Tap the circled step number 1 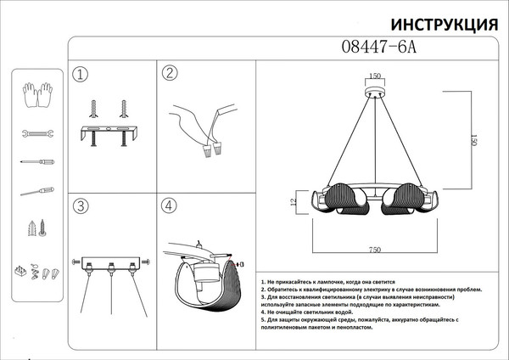[81, 75]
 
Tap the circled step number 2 [170, 73]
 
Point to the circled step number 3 [81, 206]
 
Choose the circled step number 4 [170, 205]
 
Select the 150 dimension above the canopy [374, 76]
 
